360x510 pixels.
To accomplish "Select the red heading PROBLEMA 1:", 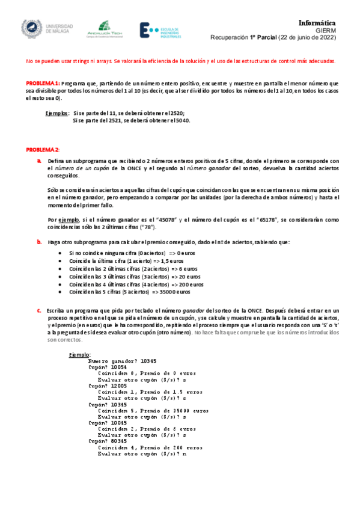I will point(42,83).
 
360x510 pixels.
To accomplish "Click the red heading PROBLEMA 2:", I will point(42,149).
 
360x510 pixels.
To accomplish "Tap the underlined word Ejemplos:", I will point(57,113).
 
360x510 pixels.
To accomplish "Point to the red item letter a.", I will point(38,161).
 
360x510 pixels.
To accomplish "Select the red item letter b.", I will point(38,242).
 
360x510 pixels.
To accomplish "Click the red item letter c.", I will point(38,310).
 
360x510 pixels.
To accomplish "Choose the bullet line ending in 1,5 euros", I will point(126,262).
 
